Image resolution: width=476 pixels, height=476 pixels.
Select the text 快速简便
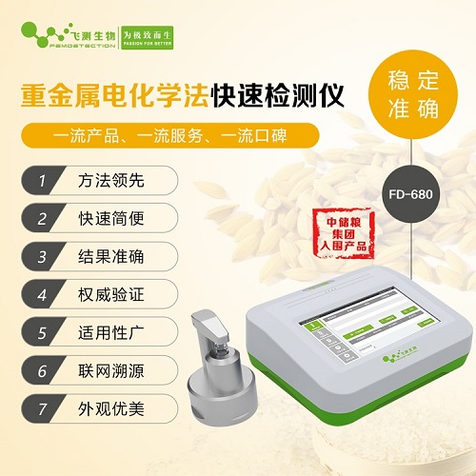point(109,218)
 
